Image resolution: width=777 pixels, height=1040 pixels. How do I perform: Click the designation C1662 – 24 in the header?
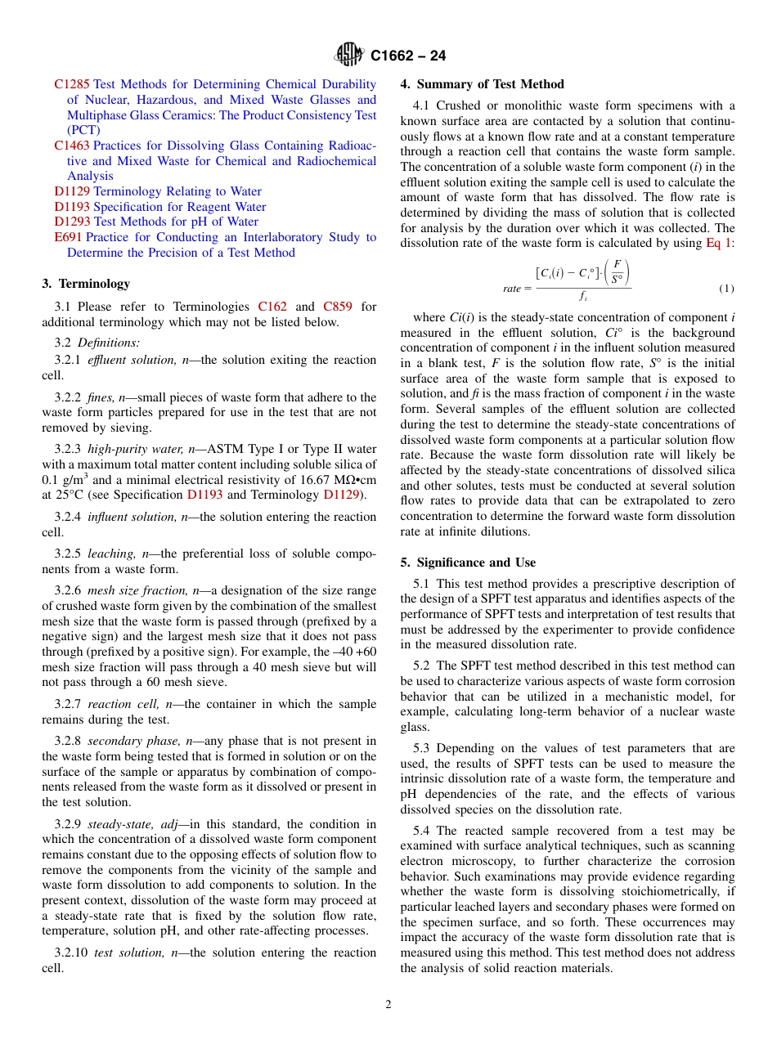pyautogui.click(x=408, y=56)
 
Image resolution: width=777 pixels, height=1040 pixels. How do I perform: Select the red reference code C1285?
pyautogui.click(x=72, y=84)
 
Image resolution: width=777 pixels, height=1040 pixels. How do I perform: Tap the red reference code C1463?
pyautogui.click(x=72, y=146)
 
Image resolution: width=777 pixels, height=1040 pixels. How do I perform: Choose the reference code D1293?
pyautogui.click(x=72, y=222)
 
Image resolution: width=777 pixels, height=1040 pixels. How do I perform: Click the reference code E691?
pyautogui.click(x=68, y=237)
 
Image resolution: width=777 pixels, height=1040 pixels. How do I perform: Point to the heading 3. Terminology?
pyautogui.click(x=86, y=284)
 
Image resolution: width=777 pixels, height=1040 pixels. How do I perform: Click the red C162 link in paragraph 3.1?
pyautogui.click(x=272, y=307)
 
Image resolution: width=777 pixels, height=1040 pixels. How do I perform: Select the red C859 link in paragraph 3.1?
pyautogui.click(x=338, y=307)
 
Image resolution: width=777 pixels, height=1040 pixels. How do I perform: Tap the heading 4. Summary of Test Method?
pyautogui.click(x=482, y=84)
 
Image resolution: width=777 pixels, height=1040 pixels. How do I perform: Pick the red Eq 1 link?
pyautogui.click(x=719, y=244)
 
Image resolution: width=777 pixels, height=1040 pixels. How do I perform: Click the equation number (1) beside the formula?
pyautogui.click(x=726, y=289)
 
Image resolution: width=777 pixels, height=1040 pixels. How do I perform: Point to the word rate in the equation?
pyautogui.click(x=512, y=289)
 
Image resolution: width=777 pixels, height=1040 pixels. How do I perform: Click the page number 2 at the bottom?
pyautogui.click(x=388, y=1005)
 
